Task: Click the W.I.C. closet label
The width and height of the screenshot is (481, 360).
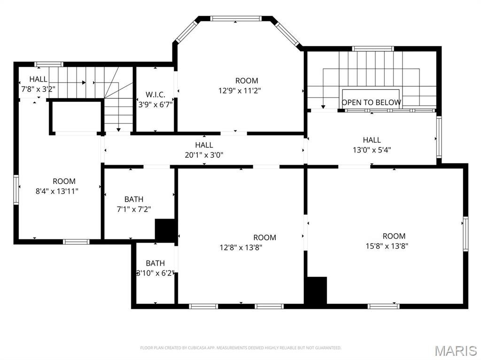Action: [155, 94]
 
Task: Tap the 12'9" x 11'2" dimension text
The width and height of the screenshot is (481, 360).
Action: [240, 91]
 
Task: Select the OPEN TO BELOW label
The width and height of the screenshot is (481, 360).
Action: [371, 102]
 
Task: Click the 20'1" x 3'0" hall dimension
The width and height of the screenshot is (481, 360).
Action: [204, 155]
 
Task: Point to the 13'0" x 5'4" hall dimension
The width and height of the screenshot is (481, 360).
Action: [372, 150]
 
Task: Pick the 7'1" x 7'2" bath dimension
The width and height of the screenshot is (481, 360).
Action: [134, 209]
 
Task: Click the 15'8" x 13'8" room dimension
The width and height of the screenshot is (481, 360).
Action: [387, 246]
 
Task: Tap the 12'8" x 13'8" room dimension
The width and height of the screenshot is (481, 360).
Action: [241, 247]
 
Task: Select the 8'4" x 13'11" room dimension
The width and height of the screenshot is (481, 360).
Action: [57, 191]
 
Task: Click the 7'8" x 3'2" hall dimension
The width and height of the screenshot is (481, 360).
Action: [38, 89]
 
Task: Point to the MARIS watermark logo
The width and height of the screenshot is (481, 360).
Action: [456, 351]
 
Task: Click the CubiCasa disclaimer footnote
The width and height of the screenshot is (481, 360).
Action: [241, 348]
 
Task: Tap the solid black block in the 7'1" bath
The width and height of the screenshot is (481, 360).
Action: [166, 230]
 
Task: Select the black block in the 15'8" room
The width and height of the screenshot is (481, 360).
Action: [316, 290]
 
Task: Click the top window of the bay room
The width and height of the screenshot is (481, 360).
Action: [236, 18]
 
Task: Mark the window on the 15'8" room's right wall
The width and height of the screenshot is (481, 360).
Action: [465, 234]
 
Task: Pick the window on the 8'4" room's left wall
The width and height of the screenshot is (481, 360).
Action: [16, 190]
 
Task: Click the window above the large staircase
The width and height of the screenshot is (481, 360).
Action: [372, 48]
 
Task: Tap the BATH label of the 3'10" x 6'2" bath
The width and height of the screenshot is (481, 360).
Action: [155, 263]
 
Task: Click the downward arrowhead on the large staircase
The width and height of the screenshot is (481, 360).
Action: [323, 107]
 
